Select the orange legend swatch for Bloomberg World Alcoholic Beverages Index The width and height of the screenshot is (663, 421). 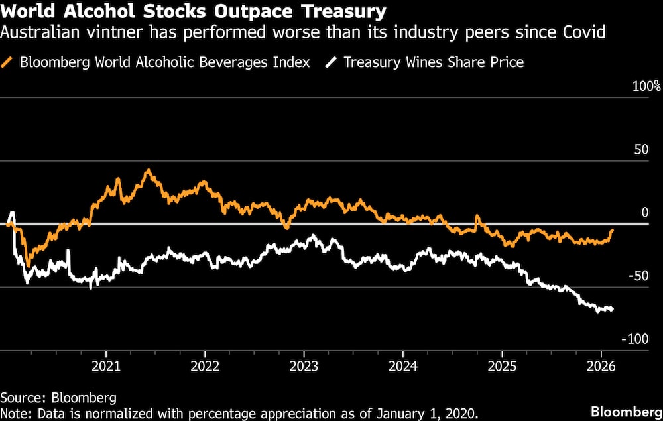point(9,63)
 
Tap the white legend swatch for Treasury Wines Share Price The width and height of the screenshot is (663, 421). point(331,63)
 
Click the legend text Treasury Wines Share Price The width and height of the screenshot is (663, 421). point(434,63)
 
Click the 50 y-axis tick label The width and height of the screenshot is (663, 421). point(640,150)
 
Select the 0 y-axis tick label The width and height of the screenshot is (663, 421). point(644,213)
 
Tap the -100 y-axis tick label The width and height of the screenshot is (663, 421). point(634,339)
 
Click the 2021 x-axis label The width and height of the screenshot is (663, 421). point(105,366)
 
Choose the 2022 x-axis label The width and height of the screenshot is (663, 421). point(205,366)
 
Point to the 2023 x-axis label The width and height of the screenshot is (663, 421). point(304,366)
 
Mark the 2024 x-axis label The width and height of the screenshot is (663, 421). point(402,366)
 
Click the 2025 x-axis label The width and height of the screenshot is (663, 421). point(502,366)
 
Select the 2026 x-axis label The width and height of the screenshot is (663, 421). point(601,366)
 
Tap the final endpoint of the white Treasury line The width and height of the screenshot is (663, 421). point(612,309)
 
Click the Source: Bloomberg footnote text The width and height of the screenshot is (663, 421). point(58,398)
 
